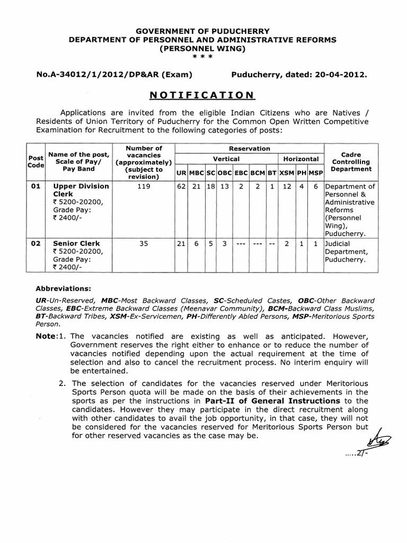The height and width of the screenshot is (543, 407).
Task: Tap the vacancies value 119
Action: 144,187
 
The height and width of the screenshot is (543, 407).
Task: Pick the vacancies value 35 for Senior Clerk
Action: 144,244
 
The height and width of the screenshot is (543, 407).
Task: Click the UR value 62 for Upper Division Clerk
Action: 181,187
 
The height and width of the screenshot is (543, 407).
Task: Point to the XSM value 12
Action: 286,187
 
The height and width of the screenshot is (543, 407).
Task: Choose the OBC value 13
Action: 224,187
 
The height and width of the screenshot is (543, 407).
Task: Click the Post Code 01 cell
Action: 36,187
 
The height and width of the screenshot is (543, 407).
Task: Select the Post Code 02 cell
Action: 36,244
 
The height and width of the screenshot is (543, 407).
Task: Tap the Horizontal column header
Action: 300,159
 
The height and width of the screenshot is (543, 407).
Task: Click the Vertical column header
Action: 226,159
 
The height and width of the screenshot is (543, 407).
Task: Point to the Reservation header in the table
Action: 249,149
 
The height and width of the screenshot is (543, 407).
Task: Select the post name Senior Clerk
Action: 76,244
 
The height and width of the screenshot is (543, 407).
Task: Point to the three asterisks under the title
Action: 203,57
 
